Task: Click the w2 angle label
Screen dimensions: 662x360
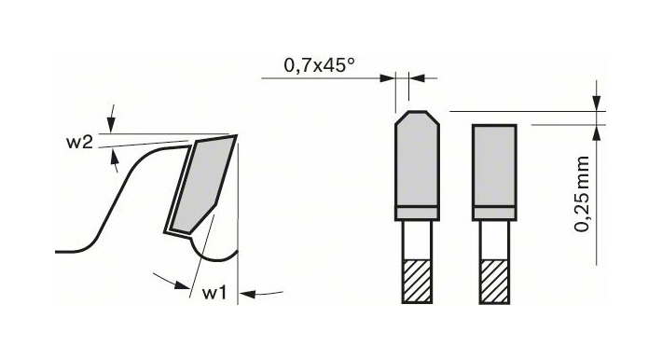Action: pos(79,143)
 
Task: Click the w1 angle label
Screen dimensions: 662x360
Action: pos(214,293)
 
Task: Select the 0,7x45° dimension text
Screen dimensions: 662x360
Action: pos(319,65)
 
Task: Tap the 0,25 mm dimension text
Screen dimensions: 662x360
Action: pos(582,194)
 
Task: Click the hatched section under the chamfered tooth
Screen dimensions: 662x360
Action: pos(417,281)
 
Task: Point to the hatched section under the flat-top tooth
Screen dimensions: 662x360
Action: pos(494,281)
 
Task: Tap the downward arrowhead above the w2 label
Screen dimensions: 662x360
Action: pos(111,125)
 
